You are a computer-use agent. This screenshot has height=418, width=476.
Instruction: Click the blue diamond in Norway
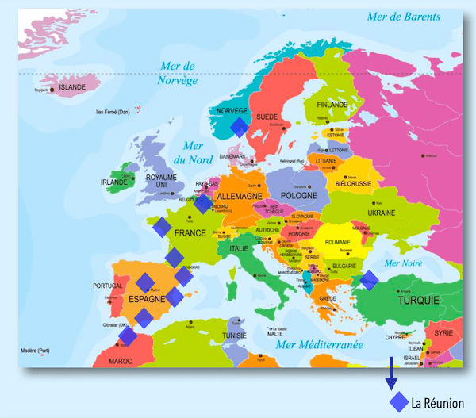coord(239,126)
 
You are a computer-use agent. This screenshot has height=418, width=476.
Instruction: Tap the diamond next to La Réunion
coord(399,402)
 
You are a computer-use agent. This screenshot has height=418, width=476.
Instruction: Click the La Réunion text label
coord(437,403)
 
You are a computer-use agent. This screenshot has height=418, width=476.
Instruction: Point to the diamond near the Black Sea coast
coord(369,279)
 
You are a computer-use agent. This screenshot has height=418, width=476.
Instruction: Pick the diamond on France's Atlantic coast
coord(161,228)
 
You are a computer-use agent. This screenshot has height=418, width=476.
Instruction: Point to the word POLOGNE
coord(298,195)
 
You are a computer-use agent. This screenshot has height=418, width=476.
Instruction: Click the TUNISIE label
coord(236,335)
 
